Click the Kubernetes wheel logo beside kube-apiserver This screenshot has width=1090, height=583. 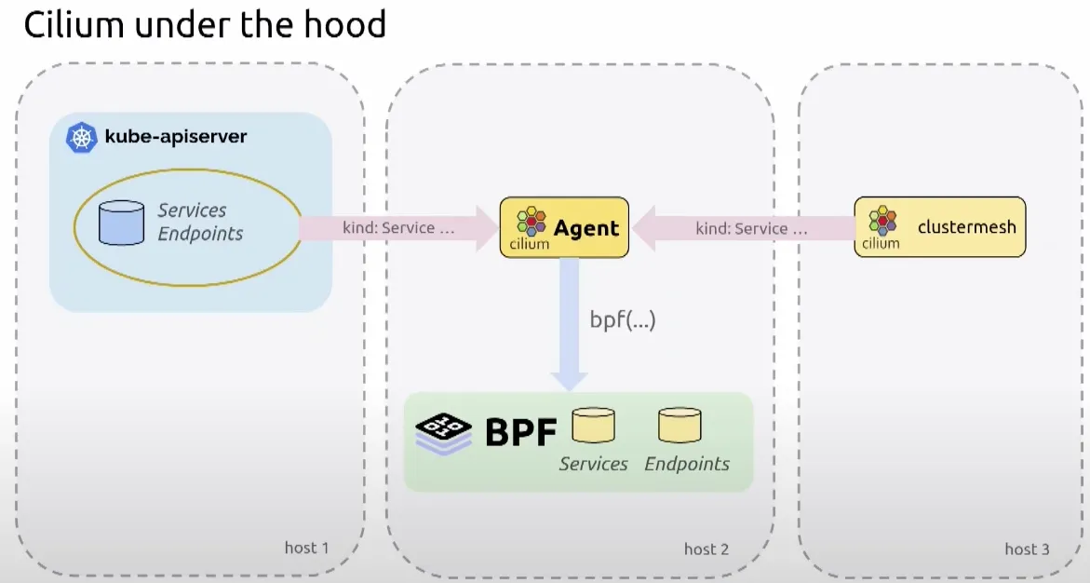pyautogui.click(x=83, y=138)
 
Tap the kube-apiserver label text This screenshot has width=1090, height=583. pyautogui.click(x=176, y=137)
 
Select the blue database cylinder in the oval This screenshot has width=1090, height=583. pyautogui.click(x=122, y=223)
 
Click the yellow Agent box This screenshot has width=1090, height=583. pyautogui.click(x=564, y=227)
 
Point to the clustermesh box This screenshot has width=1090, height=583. pyautogui.click(x=940, y=227)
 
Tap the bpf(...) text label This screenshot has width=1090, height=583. pyautogui.click(x=623, y=320)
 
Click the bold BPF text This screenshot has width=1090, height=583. pyautogui.click(x=520, y=431)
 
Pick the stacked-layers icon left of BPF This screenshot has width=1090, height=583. pyautogui.click(x=444, y=432)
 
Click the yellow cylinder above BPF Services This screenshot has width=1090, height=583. pyautogui.click(x=593, y=425)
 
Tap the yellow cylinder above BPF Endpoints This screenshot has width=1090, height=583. pyautogui.click(x=680, y=425)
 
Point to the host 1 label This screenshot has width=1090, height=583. pyautogui.click(x=306, y=548)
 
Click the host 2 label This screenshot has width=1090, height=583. pyautogui.click(x=706, y=549)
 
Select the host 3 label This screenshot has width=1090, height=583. pyautogui.click(x=1027, y=549)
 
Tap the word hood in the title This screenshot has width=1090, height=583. pyautogui.click(x=344, y=25)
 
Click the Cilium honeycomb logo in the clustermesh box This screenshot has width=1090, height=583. pyautogui.click(x=882, y=222)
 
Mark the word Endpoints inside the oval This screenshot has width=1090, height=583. pyautogui.click(x=200, y=234)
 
